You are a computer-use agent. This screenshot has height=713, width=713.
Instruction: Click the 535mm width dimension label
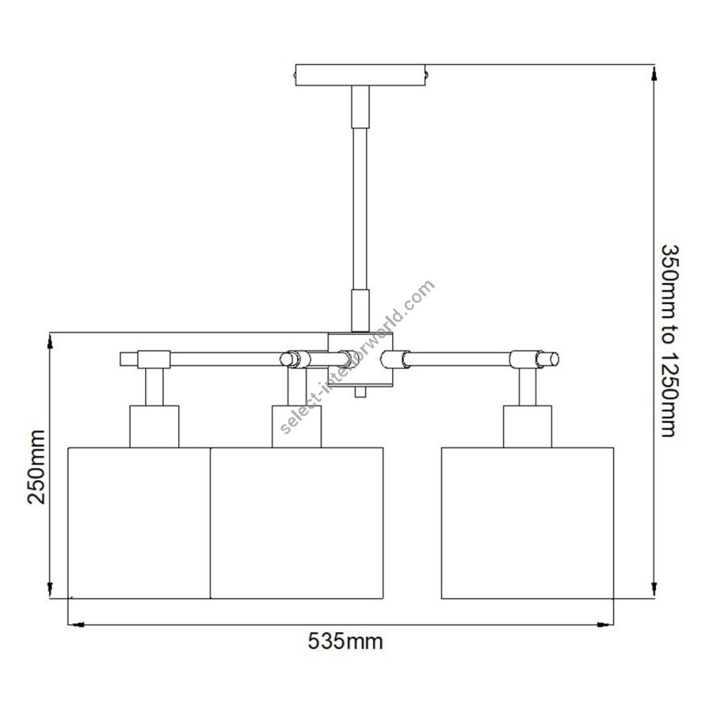point(345,642)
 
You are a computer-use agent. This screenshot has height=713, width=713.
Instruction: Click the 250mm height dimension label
point(36,467)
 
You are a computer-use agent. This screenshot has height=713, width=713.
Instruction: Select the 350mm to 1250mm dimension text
point(671,341)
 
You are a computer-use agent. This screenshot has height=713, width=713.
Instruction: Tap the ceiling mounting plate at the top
point(360,74)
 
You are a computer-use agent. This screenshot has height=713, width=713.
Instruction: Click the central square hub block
point(360,359)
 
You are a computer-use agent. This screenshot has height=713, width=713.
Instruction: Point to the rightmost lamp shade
point(528,523)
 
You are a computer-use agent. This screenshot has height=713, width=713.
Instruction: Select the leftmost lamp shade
point(139,523)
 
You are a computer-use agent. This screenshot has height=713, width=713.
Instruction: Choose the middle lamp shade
point(297,523)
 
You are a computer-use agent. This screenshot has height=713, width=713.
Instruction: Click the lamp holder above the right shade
point(528,426)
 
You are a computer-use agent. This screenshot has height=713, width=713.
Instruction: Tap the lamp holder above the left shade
point(154,426)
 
